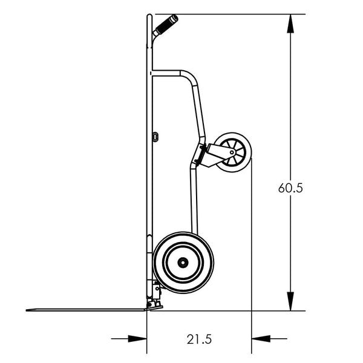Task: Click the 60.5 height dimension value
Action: (x=290, y=188)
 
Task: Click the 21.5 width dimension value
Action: (x=199, y=339)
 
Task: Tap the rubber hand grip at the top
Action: (x=165, y=26)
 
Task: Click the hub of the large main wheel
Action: (x=183, y=263)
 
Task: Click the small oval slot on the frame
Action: (x=155, y=137)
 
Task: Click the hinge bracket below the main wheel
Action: (x=157, y=296)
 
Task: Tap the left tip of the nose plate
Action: (x=28, y=310)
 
